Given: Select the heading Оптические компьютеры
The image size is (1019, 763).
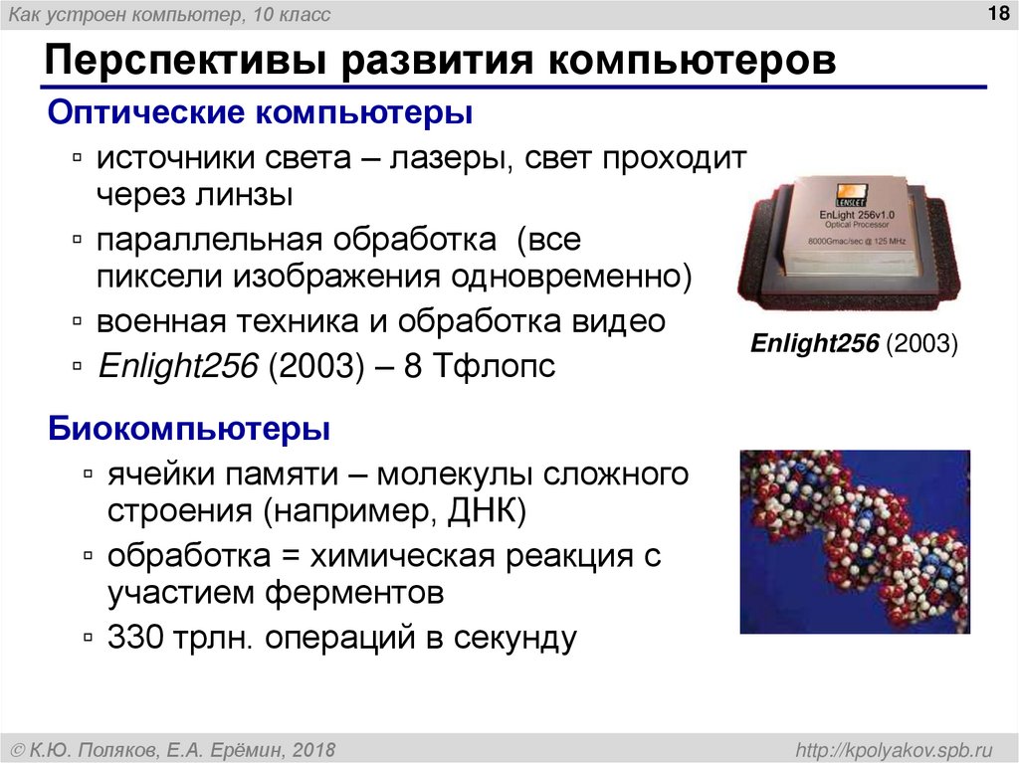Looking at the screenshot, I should coord(261,112).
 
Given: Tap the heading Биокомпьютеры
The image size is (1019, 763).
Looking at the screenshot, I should coord(190,431).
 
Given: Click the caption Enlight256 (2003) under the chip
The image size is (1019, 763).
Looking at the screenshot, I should coord(853,344).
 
